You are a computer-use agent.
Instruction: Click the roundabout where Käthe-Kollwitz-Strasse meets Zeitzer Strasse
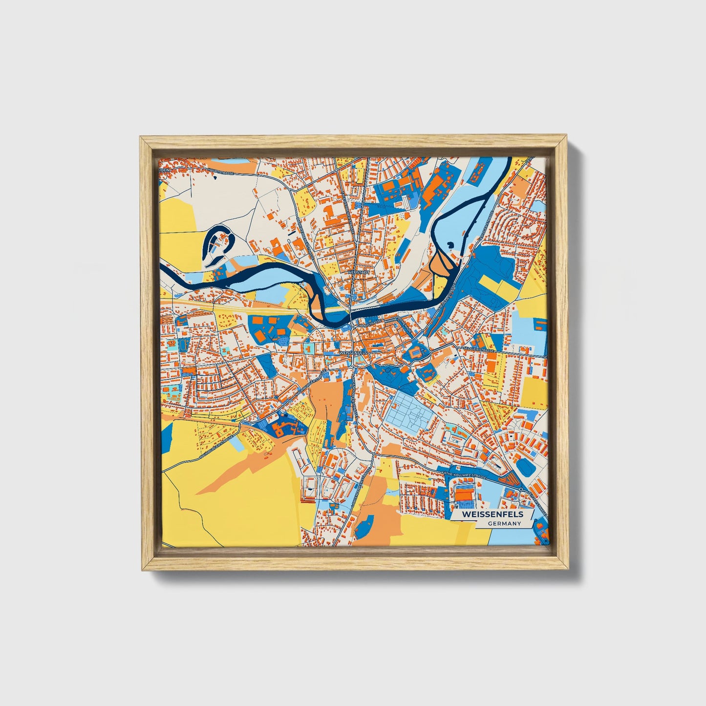pyautogui.click(x=521, y=489)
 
